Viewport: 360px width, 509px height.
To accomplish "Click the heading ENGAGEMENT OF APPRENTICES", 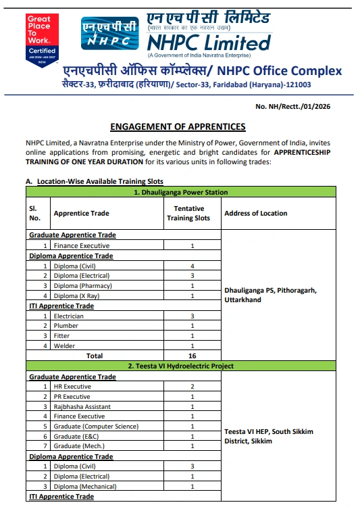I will tap(178, 127).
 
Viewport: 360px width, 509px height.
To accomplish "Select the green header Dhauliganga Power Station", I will tap(180, 193).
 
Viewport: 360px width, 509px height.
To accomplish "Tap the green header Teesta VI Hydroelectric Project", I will tap(180, 366).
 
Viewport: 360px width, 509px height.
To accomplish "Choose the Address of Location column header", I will tap(255, 213).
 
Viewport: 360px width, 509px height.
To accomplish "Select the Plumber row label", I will tap(66, 326).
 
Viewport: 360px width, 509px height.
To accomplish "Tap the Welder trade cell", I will tap(66, 345).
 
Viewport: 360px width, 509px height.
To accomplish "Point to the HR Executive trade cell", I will tap(72, 387).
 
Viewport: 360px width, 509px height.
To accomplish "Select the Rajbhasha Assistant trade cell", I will tap(82, 407).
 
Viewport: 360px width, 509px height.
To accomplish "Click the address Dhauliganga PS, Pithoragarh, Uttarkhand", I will tap(270, 295).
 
